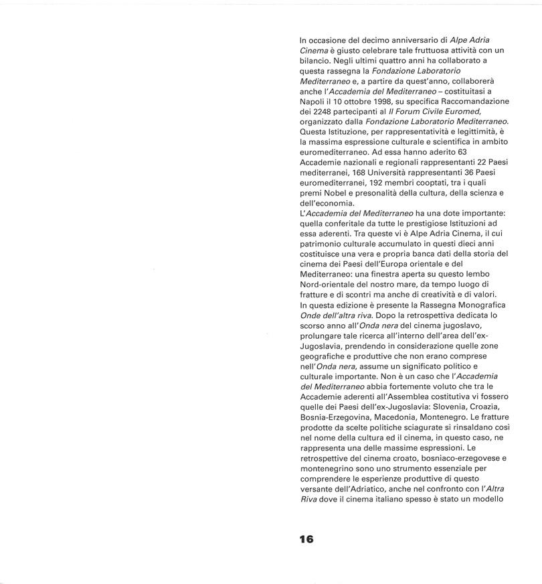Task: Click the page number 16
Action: point(307,538)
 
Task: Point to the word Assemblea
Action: point(411,396)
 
